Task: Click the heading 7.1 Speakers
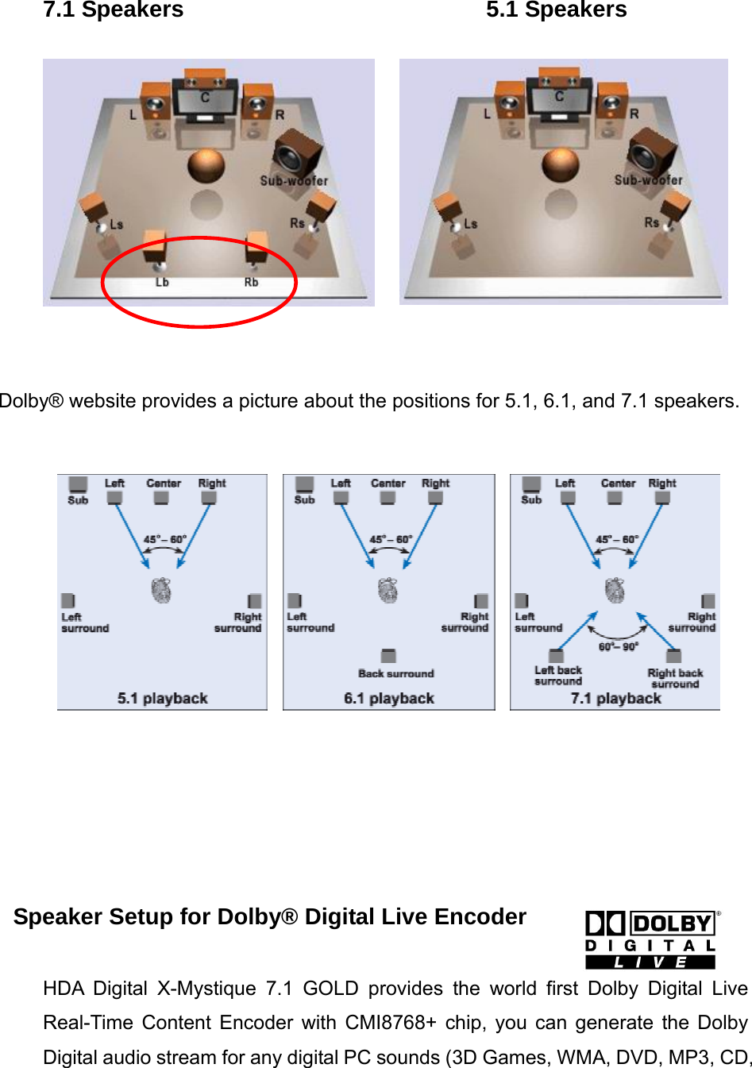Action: click(113, 10)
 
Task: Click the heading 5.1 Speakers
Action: click(556, 10)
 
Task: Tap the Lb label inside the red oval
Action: click(162, 282)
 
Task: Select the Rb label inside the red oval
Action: click(251, 282)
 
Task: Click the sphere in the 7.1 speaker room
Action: click(206, 166)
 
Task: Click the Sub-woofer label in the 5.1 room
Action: click(648, 180)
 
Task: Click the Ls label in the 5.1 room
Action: click(471, 224)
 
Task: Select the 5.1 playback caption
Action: click(162, 698)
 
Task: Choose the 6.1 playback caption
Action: click(389, 698)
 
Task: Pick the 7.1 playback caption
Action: click(615, 698)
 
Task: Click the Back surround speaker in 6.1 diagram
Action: click(388, 656)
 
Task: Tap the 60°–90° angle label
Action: click(618, 646)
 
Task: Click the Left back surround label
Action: click(557, 675)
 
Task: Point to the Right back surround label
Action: click(675, 678)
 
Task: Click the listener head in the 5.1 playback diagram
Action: click(161, 591)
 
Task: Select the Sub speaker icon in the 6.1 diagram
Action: click(304, 485)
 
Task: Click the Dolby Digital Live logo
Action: click(650, 940)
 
